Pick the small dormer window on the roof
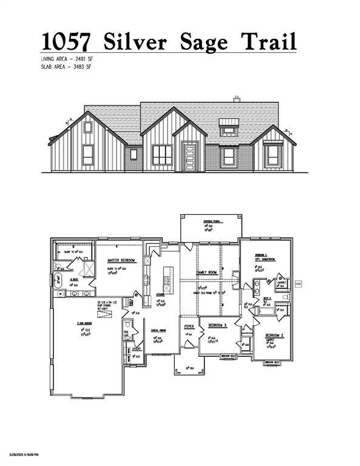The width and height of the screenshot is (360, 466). click(228, 127)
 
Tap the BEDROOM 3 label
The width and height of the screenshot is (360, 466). click(217, 326)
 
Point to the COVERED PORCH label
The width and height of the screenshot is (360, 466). click(211, 223)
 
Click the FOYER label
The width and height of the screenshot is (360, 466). click(189, 326)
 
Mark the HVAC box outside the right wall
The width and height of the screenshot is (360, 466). click(298, 283)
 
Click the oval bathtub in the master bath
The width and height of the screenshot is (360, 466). click(60, 280)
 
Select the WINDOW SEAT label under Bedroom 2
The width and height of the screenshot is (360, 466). click(273, 362)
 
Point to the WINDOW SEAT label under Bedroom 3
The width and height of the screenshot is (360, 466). click(228, 356)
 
